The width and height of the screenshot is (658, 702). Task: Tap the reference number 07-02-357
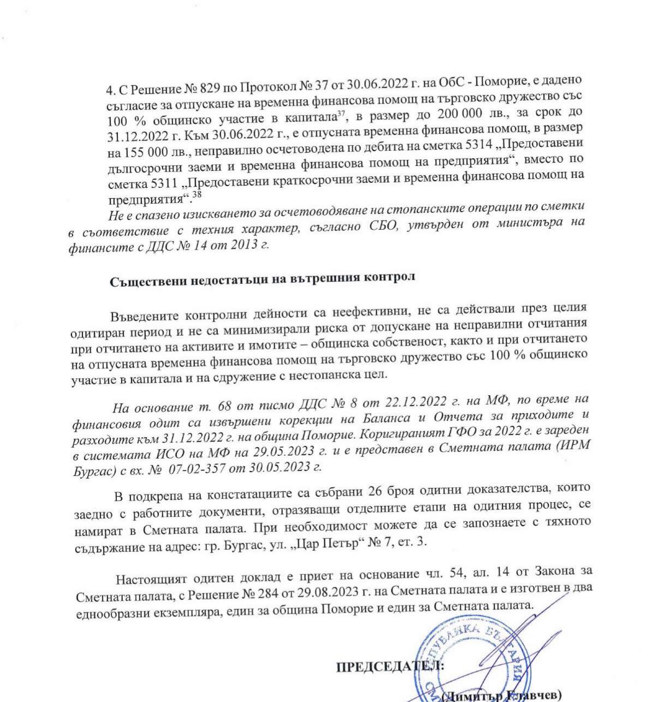(x=193, y=468)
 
